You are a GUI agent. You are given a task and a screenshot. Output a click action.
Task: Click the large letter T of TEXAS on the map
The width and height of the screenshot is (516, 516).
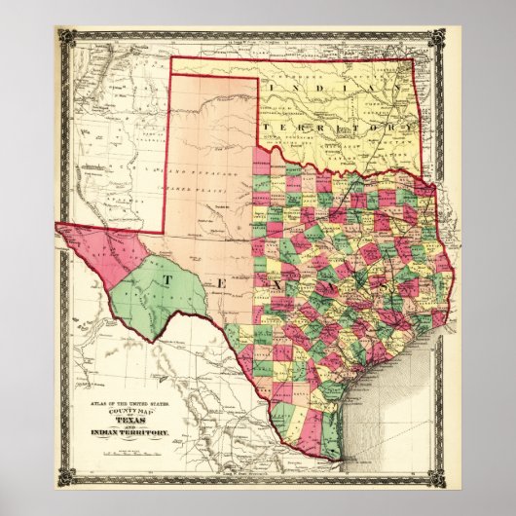167,280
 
